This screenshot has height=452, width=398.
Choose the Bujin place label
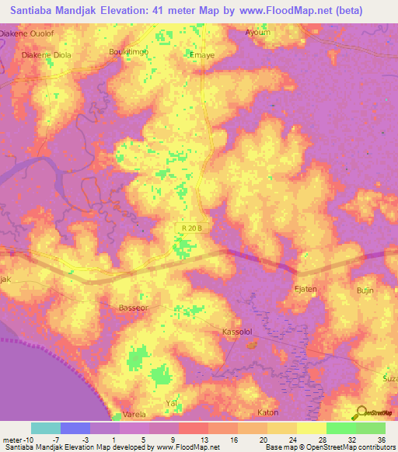[x=365, y=290]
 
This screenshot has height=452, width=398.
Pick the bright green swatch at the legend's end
[x=371, y=428]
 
